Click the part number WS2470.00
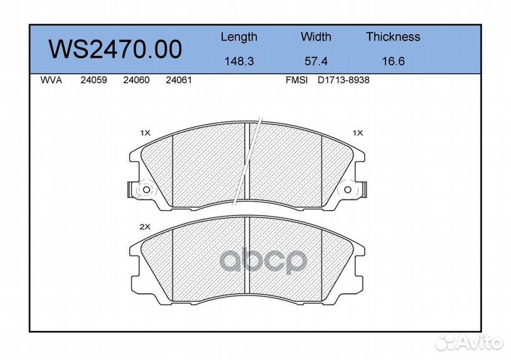click(x=115, y=49)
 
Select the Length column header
click(x=239, y=37)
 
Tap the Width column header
click(x=316, y=36)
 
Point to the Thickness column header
click(x=393, y=36)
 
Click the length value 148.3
click(x=239, y=61)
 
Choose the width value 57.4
click(x=316, y=61)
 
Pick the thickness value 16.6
click(x=393, y=61)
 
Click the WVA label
click(x=51, y=80)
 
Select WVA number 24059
click(x=94, y=80)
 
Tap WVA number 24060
click(x=136, y=80)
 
